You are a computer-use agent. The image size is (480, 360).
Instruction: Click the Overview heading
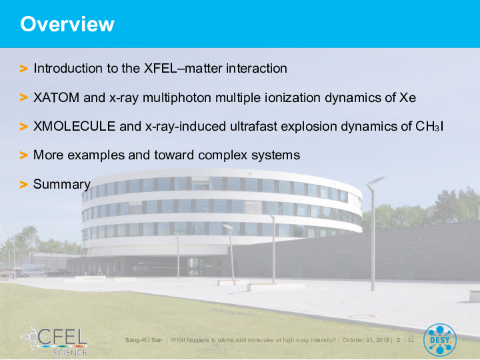[67, 24]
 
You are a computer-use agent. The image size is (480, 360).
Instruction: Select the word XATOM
[56, 97]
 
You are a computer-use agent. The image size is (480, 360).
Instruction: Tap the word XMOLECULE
[74, 126]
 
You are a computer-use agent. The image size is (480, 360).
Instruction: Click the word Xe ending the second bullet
[408, 97]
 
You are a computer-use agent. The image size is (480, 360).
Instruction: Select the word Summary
[62, 184]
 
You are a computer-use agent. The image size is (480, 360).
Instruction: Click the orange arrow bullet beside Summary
[23, 185]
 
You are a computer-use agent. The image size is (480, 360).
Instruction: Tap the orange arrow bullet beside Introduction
[23, 69]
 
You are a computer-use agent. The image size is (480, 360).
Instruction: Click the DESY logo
[440, 340]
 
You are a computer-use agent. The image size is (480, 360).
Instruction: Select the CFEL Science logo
[55, 341]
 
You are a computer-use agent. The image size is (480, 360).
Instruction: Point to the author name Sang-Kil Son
[143, 340]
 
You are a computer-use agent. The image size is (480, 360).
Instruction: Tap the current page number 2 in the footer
[398, 340]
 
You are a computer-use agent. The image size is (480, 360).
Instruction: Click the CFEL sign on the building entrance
[141, 269]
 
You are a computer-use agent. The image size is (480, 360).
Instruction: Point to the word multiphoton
[177, 97]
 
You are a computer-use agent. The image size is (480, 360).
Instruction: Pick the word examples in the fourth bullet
[96, 155]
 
